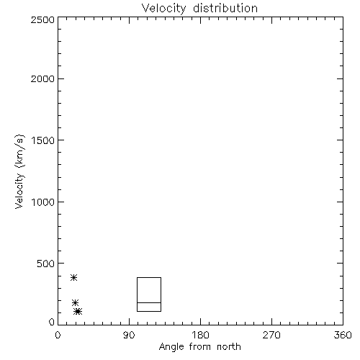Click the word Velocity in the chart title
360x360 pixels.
click(x=163, y=9)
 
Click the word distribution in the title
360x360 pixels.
click(x=225, y=8)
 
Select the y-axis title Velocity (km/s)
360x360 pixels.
click(x=19, y=171)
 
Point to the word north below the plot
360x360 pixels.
click(x=229, y=347)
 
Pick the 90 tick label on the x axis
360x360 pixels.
click(x=129, y=335)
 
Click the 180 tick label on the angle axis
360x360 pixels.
click(x=200, y=335)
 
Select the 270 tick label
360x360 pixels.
click(x=271, y=335)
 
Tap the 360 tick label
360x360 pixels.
click(x=343, y=335)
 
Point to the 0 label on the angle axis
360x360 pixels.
click(x=58, y=335)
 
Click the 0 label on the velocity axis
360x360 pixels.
click(x=52, y=322)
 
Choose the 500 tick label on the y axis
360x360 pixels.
click(x=46, y=264)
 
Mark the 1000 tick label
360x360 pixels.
click(x=43, y=202)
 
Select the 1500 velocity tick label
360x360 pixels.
click(x=43, y=140)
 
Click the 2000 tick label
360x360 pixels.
click(x=43, y=79)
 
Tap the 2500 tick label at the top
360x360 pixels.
click(x=43, y=19)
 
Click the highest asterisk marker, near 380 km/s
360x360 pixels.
click(x=73, y=278)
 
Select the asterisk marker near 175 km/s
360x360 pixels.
click(x=76, y=303)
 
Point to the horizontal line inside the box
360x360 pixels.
click(x=149, y=302)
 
